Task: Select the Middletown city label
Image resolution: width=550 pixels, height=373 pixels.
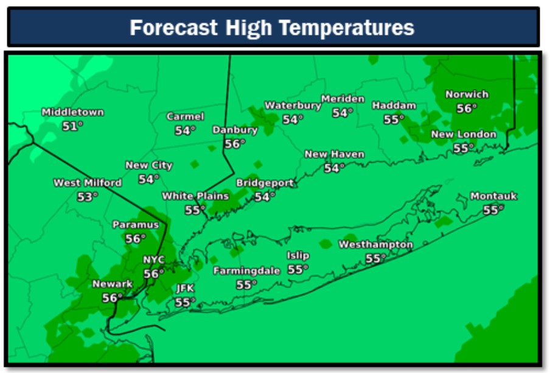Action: [72, 112]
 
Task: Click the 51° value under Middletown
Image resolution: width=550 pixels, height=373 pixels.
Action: [72, 126]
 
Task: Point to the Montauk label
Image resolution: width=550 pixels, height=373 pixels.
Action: [493, 196]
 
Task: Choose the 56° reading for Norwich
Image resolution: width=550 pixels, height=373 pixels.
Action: [467, 108]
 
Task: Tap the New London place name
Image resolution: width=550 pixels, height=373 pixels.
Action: [464, 134]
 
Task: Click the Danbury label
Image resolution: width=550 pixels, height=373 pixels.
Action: [235, 130]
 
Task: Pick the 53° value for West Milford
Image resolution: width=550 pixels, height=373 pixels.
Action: [88, 196]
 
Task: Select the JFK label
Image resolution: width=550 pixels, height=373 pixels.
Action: [185, 288]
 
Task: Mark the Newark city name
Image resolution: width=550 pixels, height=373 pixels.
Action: [112, 284]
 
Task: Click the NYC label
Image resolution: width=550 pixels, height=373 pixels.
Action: [154, 260]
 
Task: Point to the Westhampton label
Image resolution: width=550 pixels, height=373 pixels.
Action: [375, 245]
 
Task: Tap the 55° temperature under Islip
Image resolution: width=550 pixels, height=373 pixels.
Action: [298, 269]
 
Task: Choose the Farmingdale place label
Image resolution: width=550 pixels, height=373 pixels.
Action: [246, 271]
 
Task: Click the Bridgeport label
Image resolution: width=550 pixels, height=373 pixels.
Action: [265, 183]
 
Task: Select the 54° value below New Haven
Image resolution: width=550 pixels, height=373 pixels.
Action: [334, 168]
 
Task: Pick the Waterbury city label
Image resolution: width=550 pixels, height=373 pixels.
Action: [293, 105]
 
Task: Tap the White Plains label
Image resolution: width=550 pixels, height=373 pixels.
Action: [195, 196]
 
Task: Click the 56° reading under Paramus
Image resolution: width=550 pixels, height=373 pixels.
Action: [135, 238]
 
